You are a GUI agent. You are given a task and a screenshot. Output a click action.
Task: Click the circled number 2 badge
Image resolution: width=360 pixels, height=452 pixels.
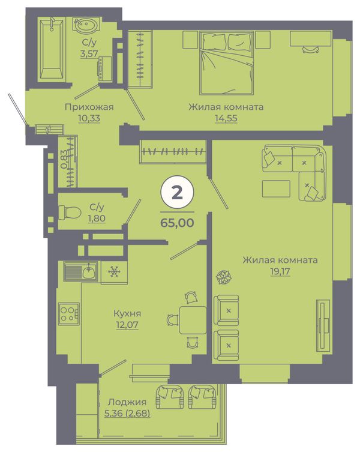[x=177, y=192]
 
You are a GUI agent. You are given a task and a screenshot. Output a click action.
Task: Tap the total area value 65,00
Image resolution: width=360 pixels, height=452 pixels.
[x=177, y=223]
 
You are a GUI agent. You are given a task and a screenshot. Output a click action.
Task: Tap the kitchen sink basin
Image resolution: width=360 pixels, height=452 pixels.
[x=88, y=271]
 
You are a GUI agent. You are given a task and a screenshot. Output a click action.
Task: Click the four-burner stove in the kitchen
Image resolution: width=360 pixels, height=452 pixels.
[x=69, y=313]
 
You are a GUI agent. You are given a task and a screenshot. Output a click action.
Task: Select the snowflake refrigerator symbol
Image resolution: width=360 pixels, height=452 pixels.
[x=115, y=271]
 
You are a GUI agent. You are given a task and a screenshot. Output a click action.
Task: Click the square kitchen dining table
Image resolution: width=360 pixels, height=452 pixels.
[x=193, y=320]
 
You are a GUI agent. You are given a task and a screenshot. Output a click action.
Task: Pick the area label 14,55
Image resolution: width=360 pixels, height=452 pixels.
[x=226, y=118]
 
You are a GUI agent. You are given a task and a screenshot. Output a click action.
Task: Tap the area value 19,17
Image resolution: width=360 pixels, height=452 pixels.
[x=280, y=271]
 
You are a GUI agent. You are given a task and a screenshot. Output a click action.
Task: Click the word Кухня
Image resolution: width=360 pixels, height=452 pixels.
[x=127, y=313]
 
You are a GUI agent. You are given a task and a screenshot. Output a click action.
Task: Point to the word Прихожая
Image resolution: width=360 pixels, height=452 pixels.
[x=89, y=107]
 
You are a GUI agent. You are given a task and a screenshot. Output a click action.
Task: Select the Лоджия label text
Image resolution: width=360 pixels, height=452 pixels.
[x=127, y=402]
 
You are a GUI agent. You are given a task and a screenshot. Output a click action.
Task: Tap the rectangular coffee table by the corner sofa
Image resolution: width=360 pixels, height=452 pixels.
[x=276, y=189]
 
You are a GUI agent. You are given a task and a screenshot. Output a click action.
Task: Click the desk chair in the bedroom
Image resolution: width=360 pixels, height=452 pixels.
[x=311, y=49]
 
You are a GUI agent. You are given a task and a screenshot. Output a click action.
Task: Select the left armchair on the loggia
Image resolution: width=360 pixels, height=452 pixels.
[x=170, y=397]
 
